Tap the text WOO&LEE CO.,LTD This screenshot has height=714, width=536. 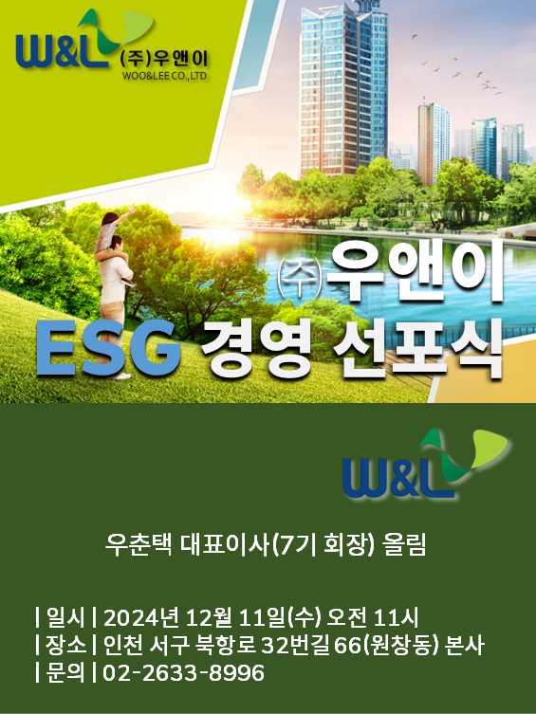pos(164,76)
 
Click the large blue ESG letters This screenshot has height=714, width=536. pos(108,348)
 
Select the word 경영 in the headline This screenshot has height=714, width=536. pos(256,348)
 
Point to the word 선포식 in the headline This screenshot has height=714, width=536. pos(417,348)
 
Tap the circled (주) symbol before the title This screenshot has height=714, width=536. pos(299,278)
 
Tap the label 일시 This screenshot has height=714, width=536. pos(65,618)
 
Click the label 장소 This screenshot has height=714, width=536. pos(65,645)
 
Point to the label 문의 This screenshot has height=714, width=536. pos(65,672)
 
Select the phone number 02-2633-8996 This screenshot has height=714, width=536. pos(183,672)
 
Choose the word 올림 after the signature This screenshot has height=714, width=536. pos(405,544)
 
